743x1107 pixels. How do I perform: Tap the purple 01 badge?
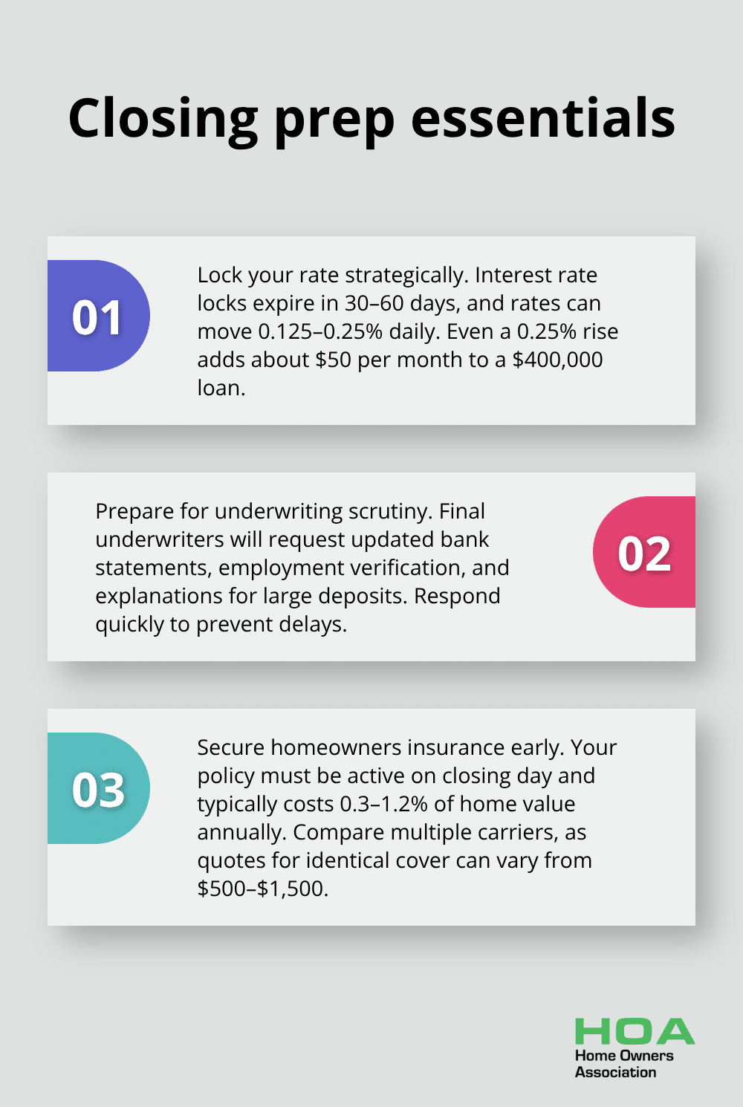click(x=98, y=316)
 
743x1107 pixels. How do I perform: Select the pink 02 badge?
click(x=644, y=552)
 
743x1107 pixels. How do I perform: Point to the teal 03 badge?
click(x=98, y=788)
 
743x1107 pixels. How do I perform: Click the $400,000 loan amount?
click(x=557, y=360)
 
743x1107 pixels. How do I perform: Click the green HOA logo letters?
click(x=635, y=1031)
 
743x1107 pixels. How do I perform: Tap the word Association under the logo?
click(x=615, y=1072)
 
